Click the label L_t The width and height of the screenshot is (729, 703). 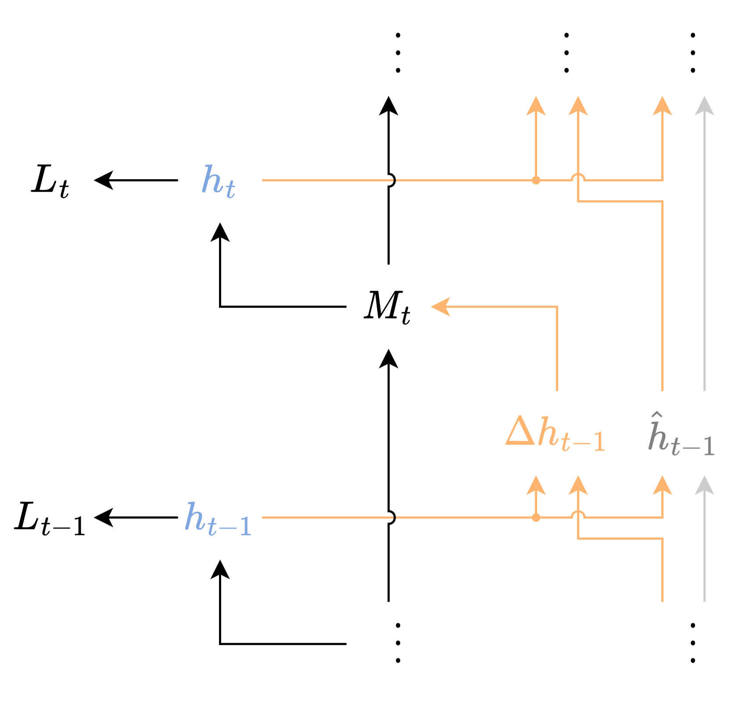50,180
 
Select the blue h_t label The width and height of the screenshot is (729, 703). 218,180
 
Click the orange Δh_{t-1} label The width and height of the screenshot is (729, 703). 555,434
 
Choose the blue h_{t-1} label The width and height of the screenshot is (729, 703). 218,519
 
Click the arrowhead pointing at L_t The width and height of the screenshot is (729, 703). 104,180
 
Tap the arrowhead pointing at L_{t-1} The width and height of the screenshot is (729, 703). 104,517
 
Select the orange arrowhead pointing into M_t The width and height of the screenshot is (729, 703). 441,306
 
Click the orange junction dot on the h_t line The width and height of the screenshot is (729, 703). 535,180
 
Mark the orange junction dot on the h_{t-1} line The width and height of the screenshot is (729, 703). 535,518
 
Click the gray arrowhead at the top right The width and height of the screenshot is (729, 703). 704,106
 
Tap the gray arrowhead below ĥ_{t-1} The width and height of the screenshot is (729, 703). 704,485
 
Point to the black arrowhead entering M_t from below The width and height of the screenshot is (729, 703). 388,359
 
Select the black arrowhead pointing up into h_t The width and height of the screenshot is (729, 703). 220,232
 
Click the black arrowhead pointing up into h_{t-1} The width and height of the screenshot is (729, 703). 220,570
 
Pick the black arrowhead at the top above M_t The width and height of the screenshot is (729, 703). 388,106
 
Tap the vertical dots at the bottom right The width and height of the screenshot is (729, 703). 693,643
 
